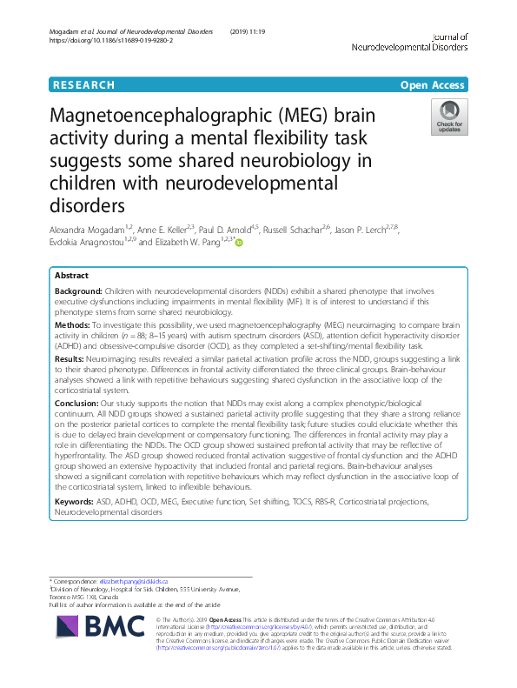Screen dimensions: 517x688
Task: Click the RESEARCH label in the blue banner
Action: [x=83, y=85]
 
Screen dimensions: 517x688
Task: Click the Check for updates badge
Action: [x=449, y=117]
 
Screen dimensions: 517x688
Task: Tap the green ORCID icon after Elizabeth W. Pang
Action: [x=238, y=243]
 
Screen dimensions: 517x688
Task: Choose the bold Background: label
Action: [x=77, y=293]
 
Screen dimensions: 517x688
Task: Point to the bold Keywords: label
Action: [x=76, y=502]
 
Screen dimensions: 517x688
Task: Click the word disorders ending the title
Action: [x=88, y=206]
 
